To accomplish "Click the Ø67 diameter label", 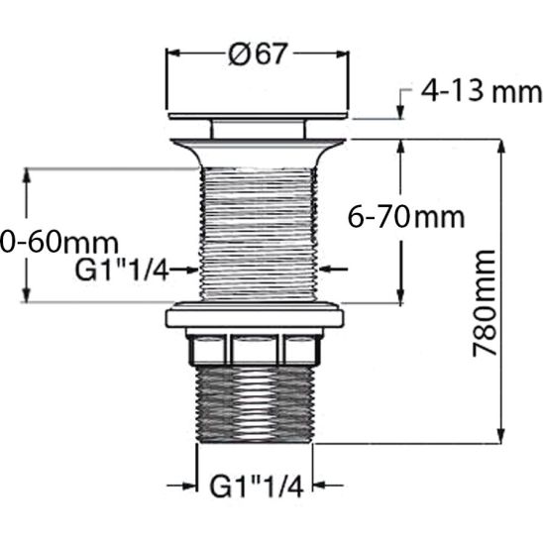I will (257, 55).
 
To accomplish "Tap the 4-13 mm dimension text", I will (482, 93).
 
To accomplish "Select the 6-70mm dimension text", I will (406, 216).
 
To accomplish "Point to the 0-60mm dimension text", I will (59, 242).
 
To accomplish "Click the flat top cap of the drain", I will (257, 116).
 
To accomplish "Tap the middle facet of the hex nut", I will (257, 350).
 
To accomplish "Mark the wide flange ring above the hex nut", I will (255, 318).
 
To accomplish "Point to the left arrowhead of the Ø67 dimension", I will (174, 55).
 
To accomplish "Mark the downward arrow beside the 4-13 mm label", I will (400, 109).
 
